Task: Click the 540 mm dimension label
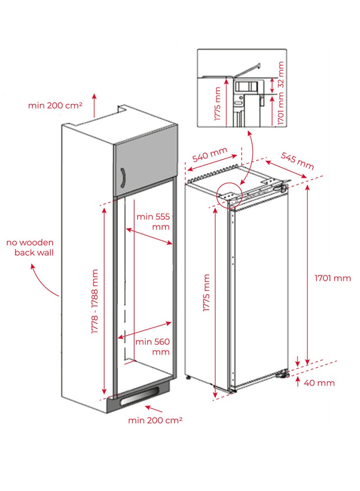click(210, 155)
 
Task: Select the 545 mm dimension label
click(297, 160)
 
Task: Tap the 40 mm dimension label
click(319, 383)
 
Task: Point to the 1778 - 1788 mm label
click(95, 301)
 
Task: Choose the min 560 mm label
click(153, 347)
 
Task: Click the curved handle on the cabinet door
click(122, 180)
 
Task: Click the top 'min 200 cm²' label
click(55, 105)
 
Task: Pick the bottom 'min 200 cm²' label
click(155, 420)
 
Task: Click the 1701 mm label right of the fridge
click(333, 278)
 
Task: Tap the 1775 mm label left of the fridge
click(207, 293)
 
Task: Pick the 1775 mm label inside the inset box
click(218, 104)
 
